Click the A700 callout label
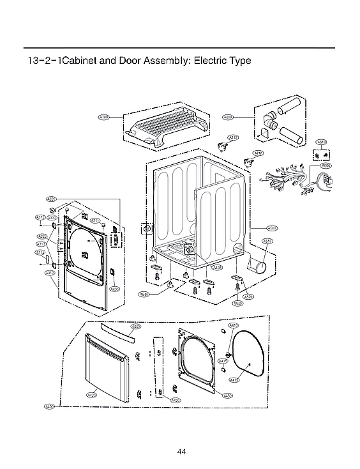coord(104,117)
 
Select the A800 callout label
coord(228,117)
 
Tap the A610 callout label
coord(322,142)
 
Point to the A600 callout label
coord(326,166)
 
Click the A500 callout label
coord(272,227)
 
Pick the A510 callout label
coord(268,241)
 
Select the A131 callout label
coord(217,267)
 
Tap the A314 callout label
coord(40,252)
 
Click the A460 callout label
coord(136,327)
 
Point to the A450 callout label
coord(227,396)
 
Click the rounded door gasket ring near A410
coord(249,358)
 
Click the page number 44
coord(181,452)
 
